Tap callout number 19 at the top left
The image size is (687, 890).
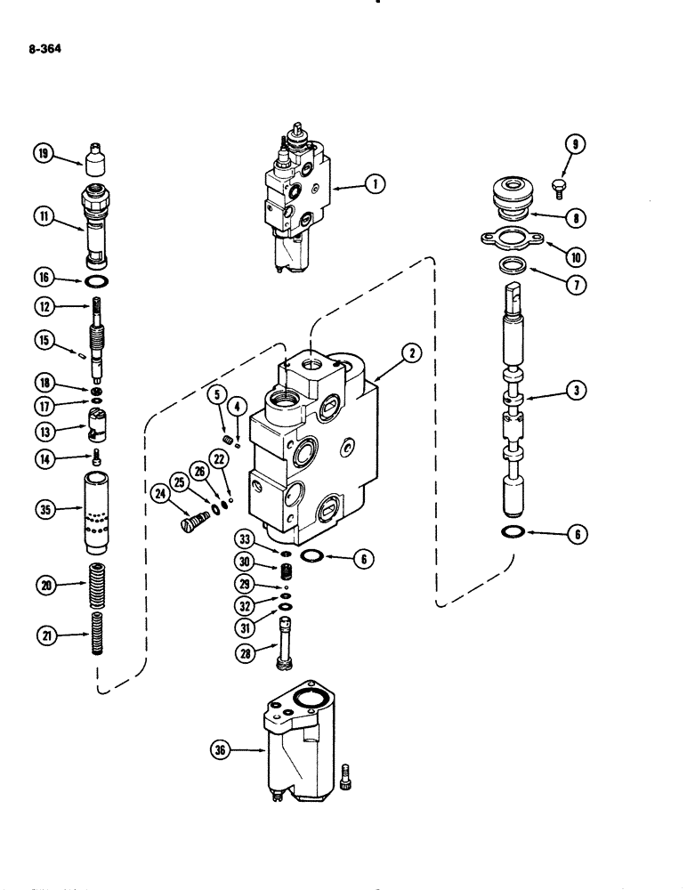point(42,155)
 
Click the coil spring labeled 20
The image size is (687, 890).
point(95,585)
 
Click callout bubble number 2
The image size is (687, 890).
point(411,353)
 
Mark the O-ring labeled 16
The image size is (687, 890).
point(95,282)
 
